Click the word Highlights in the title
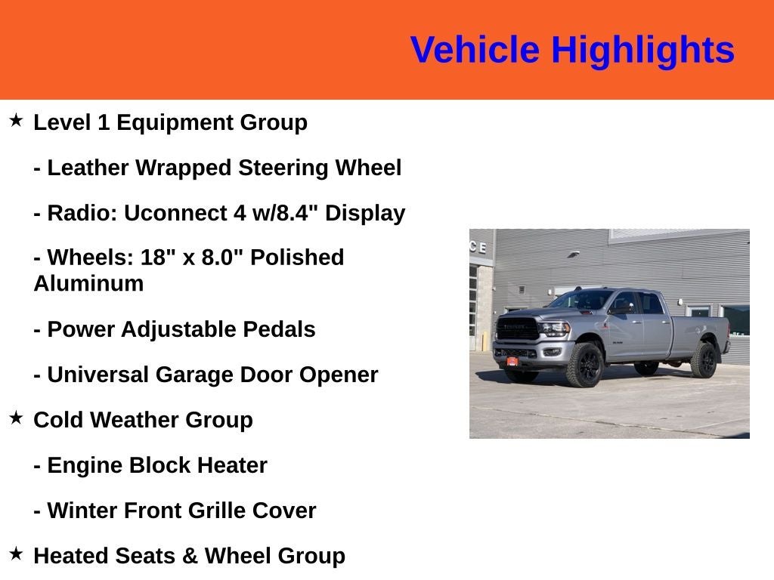pyautogui.click(x=642, y=51)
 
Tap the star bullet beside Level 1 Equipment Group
pyautogui.click(x=16, y=120)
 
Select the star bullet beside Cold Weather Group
pyautogui.click(x=16, y=418)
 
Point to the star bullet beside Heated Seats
pyautogui.click(x=16, y=554)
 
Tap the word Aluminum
pyautogui.click(x=88, y=284)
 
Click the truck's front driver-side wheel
pyautogui.click(x=586, y=365)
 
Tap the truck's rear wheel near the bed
pyautogui.click(x=704, y=360)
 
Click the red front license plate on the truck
pyautogui.click(x=512, y=362)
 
